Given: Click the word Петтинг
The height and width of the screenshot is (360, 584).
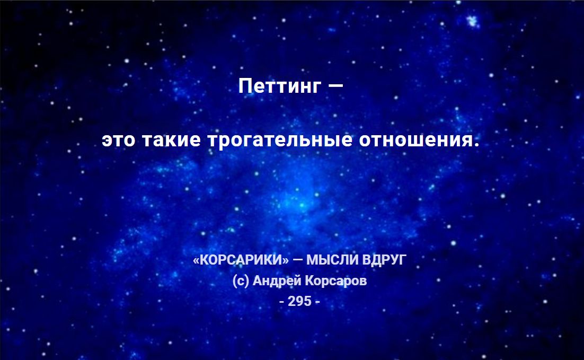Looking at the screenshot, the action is tap(279, 86).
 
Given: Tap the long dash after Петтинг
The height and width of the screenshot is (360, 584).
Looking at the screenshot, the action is tap(336, 86).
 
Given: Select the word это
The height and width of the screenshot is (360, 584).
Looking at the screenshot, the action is tap(118, 140).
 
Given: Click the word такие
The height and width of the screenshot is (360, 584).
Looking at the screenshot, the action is tap(171, 140).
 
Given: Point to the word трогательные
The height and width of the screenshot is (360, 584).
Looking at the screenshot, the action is tap(280, 140).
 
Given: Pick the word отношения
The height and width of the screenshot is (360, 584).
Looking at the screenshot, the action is tap(417, 140).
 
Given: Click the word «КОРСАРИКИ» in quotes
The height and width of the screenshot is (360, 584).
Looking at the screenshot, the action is tap(241, 259).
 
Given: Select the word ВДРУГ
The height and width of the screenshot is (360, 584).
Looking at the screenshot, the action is tap(384, 260).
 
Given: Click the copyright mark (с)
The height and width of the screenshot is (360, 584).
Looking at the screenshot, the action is tap(241, 280).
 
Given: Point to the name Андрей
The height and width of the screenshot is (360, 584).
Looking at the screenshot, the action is tap(277, 280).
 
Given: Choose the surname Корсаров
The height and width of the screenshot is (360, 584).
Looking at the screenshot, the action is tap(336, 280).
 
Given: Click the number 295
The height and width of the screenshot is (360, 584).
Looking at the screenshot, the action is tap(300, 301).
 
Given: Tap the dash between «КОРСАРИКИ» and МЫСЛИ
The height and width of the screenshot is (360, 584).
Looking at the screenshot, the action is tap(298, 259).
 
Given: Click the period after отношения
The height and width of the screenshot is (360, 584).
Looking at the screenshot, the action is tap(477, 145).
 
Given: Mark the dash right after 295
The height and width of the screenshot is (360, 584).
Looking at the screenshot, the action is tap(317, 302).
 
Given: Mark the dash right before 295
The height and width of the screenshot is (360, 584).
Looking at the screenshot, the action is tap(281, 302).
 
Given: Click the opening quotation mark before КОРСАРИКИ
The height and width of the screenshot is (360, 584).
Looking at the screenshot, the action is tap(196, 260).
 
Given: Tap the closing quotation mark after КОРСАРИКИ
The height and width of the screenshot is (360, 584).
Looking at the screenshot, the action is tap(286, 260).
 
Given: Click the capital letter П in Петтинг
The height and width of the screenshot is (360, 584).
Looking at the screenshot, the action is tap(245, 86).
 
